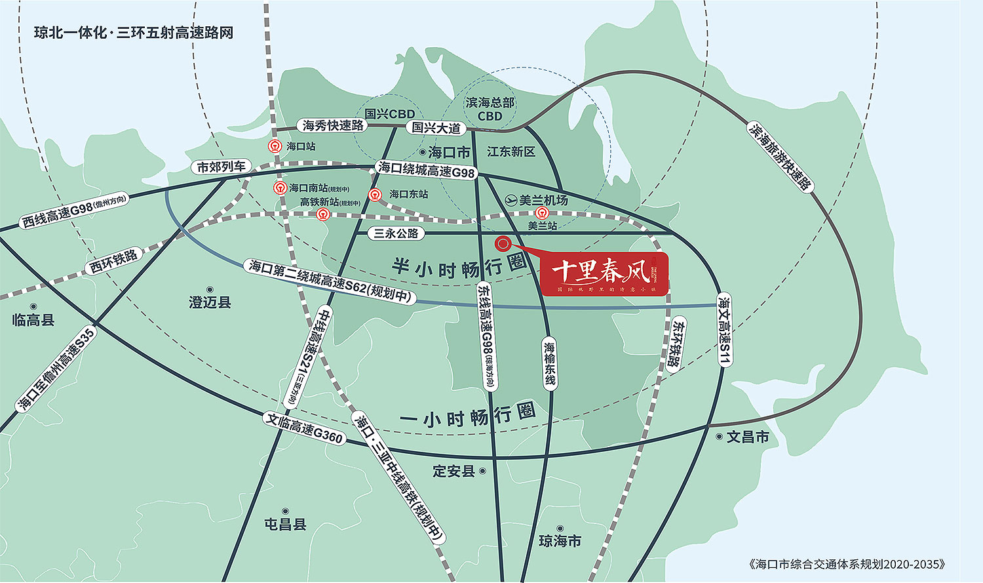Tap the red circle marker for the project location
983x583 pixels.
point(503,243)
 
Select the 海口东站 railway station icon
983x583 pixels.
point(375,194)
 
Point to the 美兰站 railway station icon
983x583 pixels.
point(542,213)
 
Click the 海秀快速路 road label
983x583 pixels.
point(333,125)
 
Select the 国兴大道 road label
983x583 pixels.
point(436,128)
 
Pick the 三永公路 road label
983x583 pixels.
point(396,233)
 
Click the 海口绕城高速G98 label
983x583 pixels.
point(426,170)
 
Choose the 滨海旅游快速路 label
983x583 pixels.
point(780,157)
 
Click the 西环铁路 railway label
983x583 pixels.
point(114,261)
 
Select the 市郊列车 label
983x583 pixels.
point(222,167)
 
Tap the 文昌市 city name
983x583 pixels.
point(747,437)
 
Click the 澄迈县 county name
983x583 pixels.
point(210,302)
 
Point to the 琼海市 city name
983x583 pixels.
point(560,541)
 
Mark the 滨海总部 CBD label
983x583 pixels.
point(490,109)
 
